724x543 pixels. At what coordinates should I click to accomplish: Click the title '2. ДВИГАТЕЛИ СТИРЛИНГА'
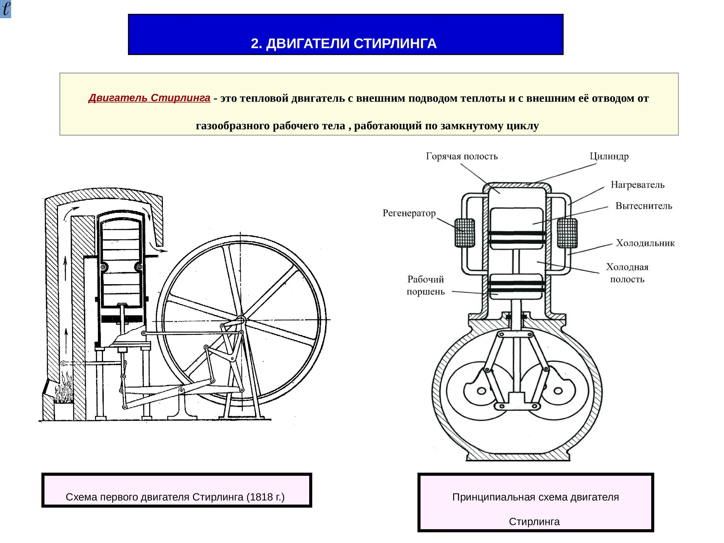[344, 43]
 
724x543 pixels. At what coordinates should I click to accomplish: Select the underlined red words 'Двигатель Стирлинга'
[149, 98]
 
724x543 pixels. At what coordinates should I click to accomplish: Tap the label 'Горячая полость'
[461, 156]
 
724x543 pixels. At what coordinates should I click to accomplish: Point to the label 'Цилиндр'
[609, 156]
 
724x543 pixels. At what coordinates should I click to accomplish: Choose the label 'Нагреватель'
[638, 185]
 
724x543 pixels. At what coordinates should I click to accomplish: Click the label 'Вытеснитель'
[643, 206]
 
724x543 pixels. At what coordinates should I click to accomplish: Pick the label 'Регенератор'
[409, 213]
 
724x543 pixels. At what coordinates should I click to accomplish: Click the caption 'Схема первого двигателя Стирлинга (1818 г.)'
[175, 497]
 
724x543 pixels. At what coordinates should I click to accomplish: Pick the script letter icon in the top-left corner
[6, 9]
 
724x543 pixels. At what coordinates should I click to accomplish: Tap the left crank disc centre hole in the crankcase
[481, 391]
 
